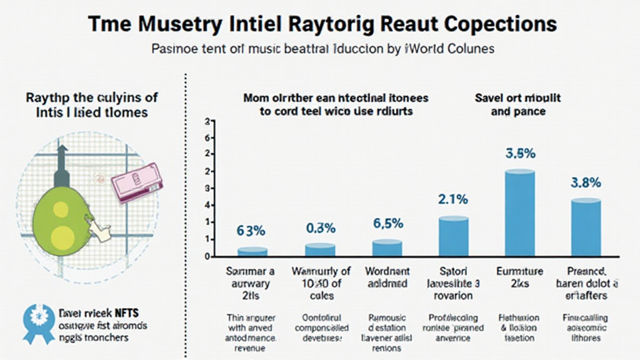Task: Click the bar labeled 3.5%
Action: (519, 212)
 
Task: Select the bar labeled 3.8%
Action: (586, 227)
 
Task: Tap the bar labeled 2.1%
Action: (453, 236)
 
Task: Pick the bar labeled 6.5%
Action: (387, 248)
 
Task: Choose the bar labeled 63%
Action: (253, 252)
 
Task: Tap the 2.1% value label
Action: (452, 200)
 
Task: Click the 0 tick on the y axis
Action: (206, 256)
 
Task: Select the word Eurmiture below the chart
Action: (519, 271)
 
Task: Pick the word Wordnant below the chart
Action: (387, 271)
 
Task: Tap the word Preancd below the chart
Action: (586, 271)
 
